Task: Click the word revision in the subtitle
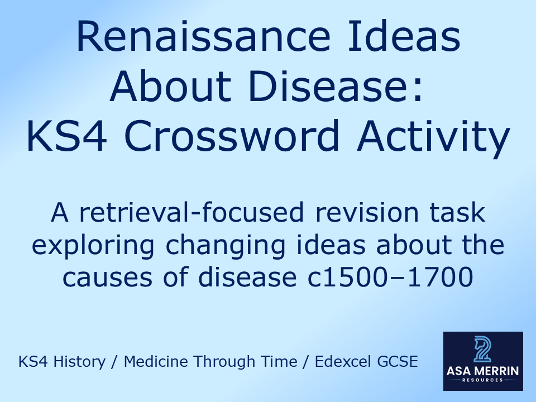366,214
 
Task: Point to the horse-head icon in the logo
482,350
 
